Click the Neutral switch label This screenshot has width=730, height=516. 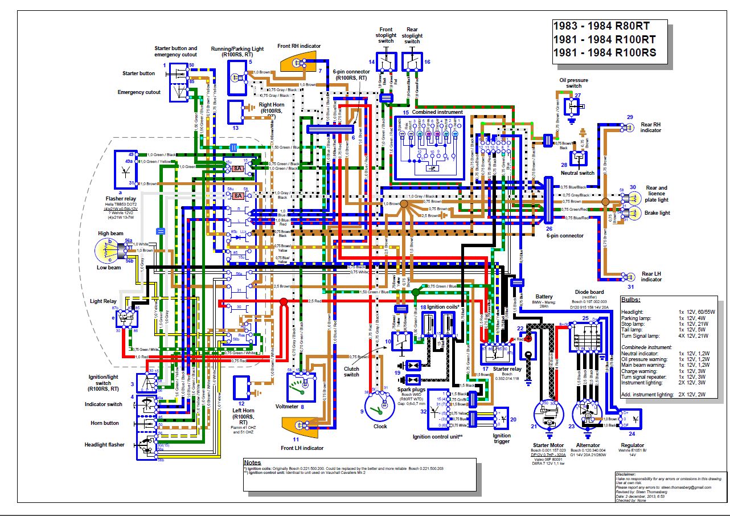click(x=578, y=173)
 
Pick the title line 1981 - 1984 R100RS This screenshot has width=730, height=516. click(x=605, y=54)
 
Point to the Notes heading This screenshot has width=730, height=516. click(x=253, y=462)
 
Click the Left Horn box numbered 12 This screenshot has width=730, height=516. click(x=245, y=388)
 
